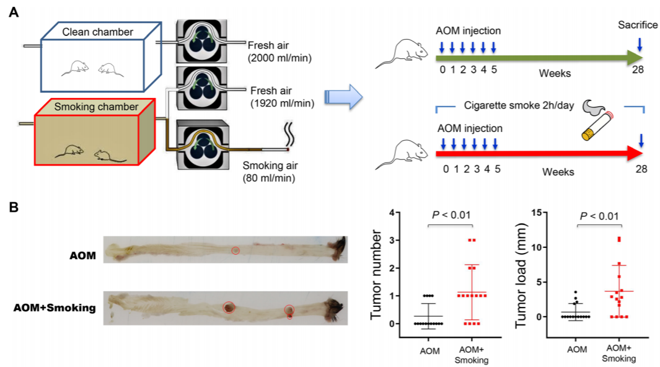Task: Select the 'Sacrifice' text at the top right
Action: (638, 25)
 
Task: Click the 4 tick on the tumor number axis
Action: (392, 213)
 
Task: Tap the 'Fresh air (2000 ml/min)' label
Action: (279, 51)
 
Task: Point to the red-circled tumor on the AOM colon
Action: (235, 250)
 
